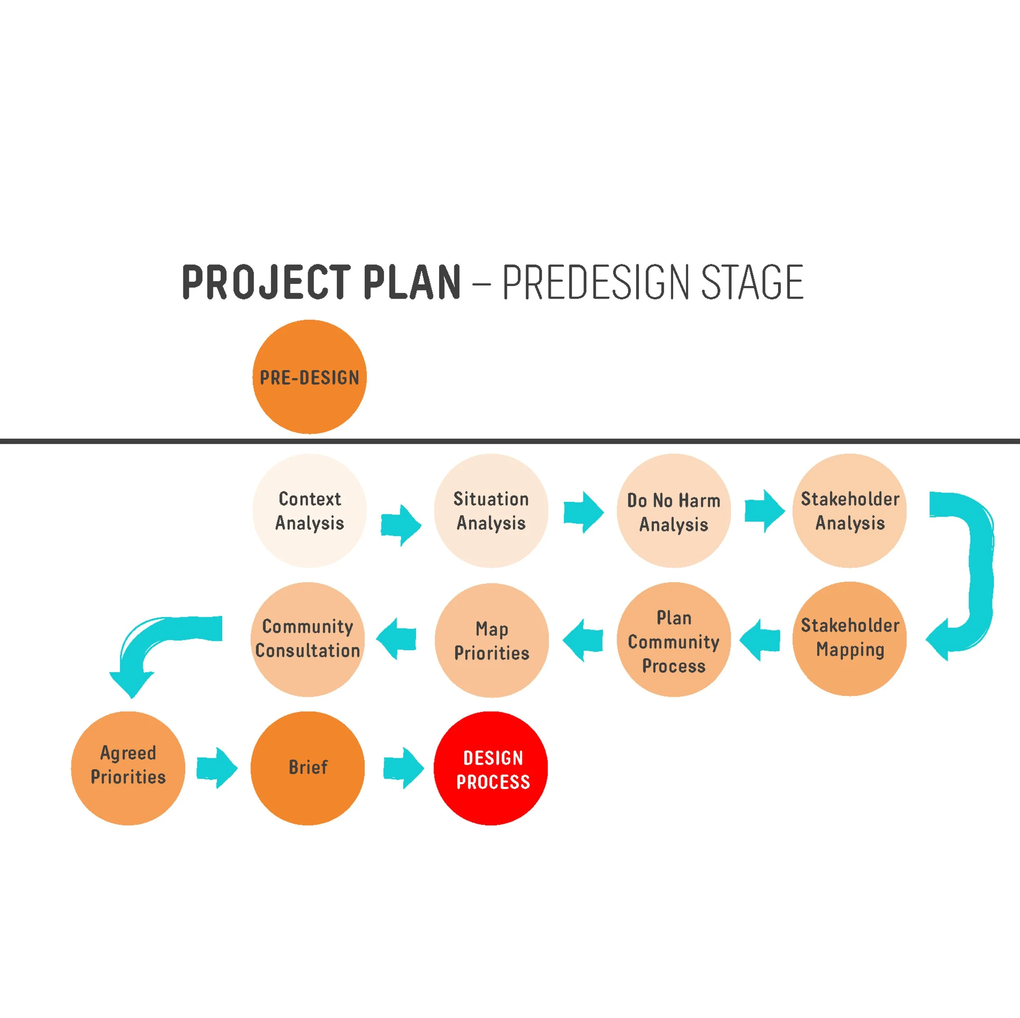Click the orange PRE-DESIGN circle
pos(309,377)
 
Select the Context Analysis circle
pos(309,510)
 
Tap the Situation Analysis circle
pos(491,510)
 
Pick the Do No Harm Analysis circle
pos(673,510)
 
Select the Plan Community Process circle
pos(673,639)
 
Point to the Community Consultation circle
pos(308,639)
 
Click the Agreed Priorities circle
pos(128,768)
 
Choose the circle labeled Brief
pos(308,768)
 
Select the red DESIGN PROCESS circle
pos(491,768)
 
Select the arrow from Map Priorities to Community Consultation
pos(397,639)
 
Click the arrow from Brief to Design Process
pos(403,768)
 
